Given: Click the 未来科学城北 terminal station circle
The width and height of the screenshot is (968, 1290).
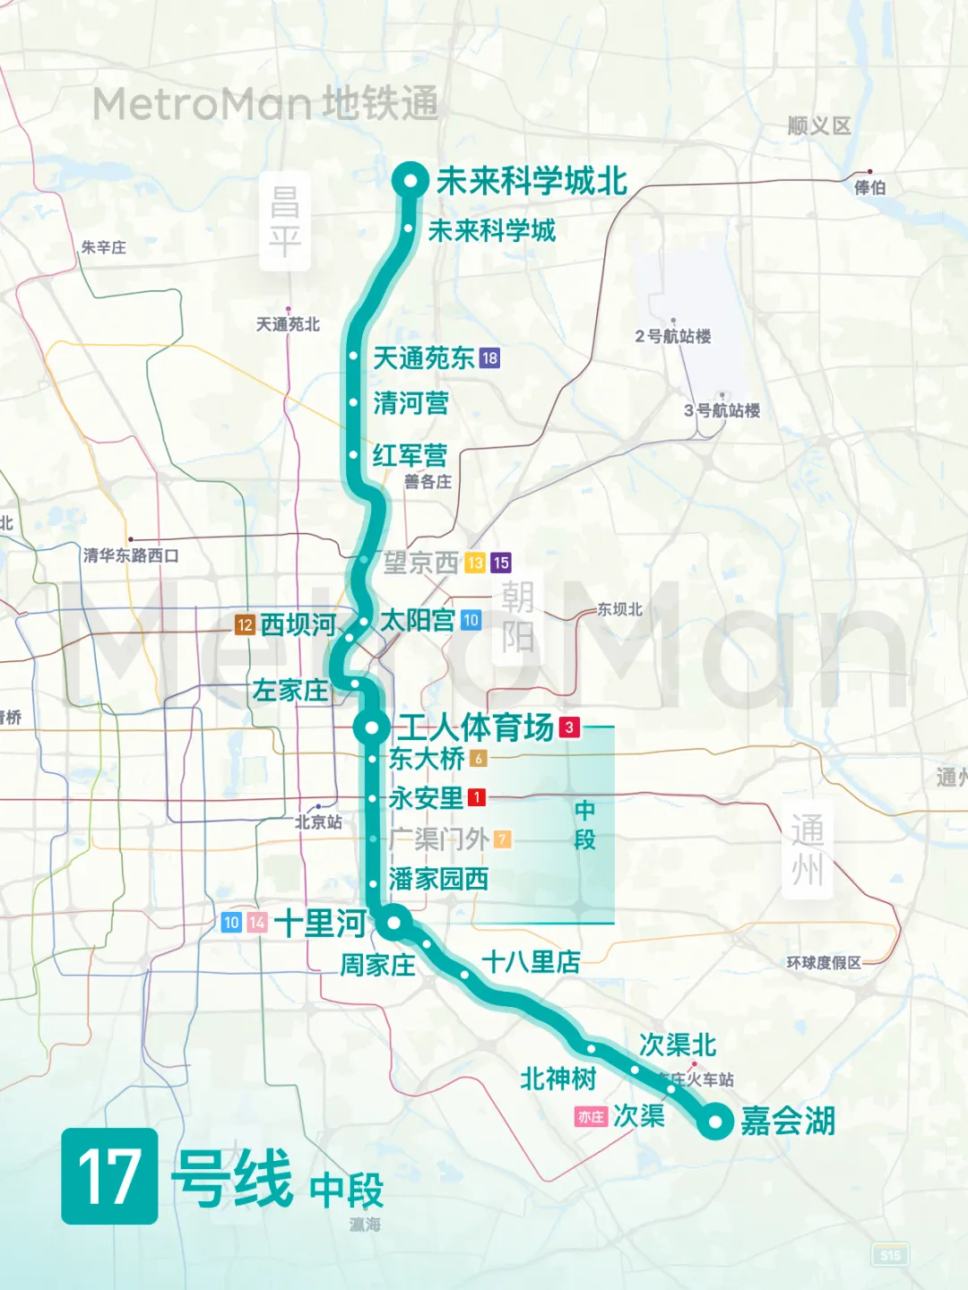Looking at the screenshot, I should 411,181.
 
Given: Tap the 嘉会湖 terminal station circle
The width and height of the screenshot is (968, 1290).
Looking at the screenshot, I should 715,1121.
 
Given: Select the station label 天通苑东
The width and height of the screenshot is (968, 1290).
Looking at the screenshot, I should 423,358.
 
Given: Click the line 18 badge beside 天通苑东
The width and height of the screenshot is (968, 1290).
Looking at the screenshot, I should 489,358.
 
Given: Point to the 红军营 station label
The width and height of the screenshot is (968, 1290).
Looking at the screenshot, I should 410,455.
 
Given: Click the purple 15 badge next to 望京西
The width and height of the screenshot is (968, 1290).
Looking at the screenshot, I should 501,563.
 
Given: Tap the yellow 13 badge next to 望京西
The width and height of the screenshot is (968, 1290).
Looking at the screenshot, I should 475,563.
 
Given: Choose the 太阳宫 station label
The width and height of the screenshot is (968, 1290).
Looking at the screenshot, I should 418,620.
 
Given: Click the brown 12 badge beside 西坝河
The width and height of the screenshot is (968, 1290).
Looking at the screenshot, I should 245,624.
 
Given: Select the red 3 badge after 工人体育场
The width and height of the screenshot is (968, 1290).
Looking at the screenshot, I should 569,727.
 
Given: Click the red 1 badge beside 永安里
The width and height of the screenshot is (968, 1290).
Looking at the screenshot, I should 477,796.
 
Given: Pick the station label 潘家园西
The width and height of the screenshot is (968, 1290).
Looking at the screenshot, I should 438,879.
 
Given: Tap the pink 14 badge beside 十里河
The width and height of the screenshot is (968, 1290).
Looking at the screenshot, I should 257,922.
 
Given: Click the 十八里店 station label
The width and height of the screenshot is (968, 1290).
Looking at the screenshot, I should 531,962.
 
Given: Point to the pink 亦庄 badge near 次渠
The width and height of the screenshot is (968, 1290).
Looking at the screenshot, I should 591,1117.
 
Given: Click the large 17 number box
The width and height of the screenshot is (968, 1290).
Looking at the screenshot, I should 109,1175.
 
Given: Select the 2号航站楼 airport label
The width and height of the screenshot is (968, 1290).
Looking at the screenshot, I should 673,336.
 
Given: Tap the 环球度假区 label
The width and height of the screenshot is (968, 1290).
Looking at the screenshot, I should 824,962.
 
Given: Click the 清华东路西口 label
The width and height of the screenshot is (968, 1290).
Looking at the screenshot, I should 131,555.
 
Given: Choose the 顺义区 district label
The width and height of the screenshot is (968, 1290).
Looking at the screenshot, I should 818,126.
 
